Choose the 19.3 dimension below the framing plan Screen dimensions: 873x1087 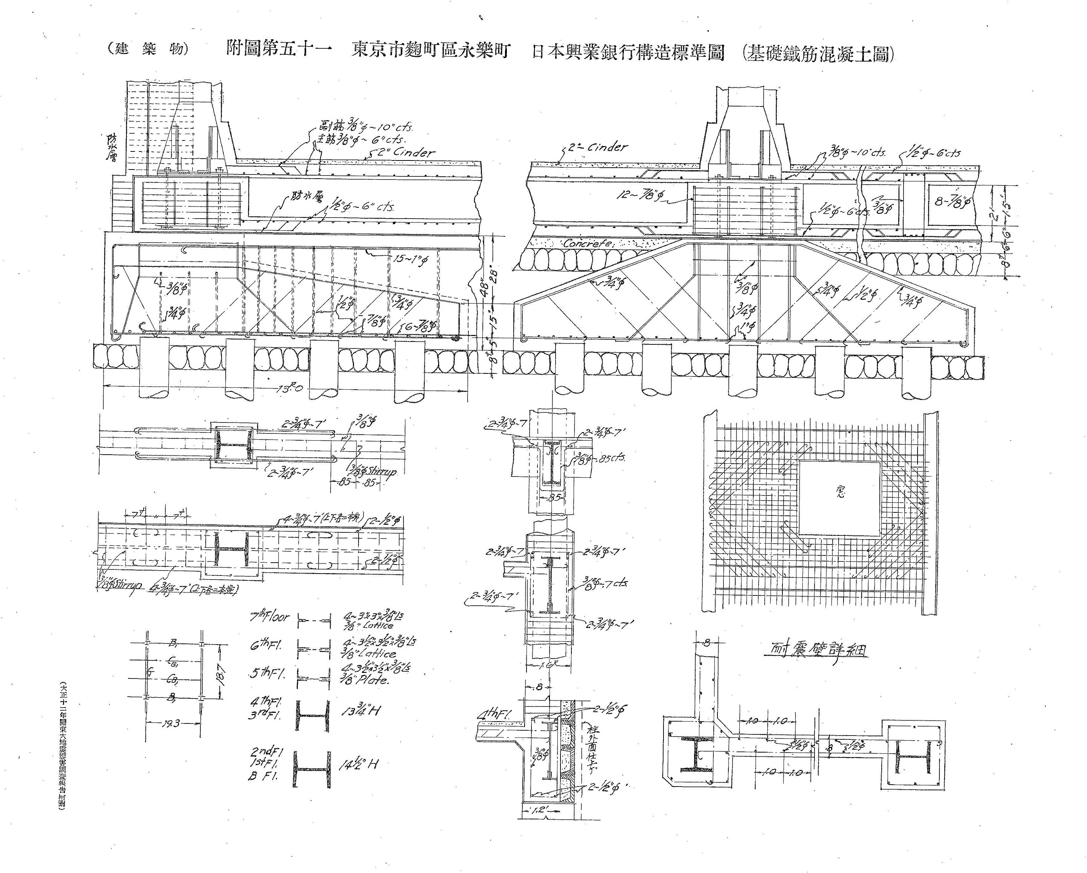(171, 724)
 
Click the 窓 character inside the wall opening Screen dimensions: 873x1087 (840, 492)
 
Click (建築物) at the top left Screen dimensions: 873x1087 (147, 49)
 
